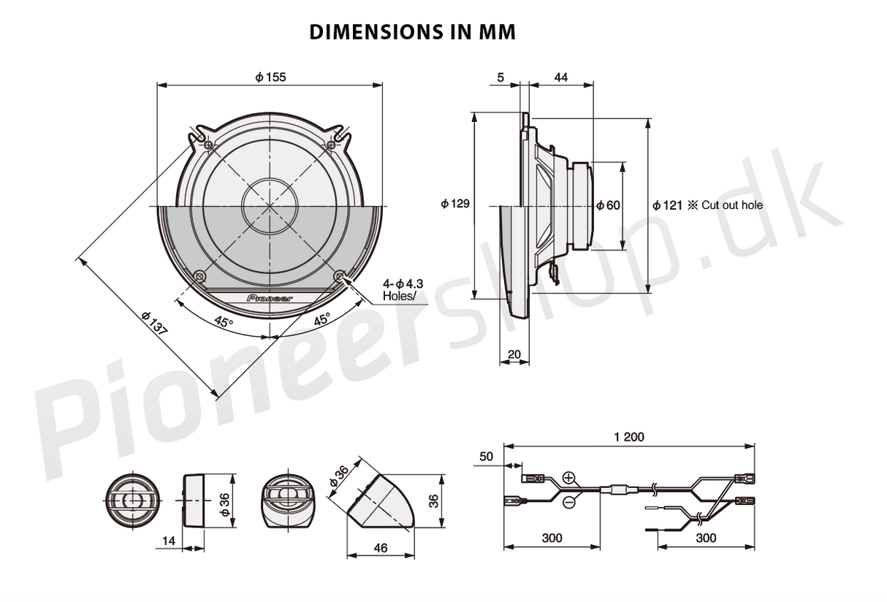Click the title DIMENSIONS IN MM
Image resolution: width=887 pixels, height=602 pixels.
412,32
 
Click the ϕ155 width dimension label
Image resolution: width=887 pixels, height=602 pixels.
270,77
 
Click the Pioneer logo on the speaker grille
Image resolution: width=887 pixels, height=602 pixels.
270,298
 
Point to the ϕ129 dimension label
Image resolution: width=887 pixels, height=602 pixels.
454,204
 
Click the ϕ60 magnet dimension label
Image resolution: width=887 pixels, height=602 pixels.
608,205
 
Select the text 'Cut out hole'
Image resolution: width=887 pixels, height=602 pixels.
732,205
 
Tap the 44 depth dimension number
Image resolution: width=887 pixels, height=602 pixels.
561,77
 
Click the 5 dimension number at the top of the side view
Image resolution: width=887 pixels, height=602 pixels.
499,77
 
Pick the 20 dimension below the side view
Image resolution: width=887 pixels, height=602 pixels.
514,354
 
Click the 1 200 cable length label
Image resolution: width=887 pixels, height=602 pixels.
629,437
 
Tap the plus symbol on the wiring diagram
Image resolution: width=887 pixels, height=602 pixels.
569,479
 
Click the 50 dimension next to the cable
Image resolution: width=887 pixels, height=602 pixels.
487,457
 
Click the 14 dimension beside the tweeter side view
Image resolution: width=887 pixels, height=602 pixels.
169,540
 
